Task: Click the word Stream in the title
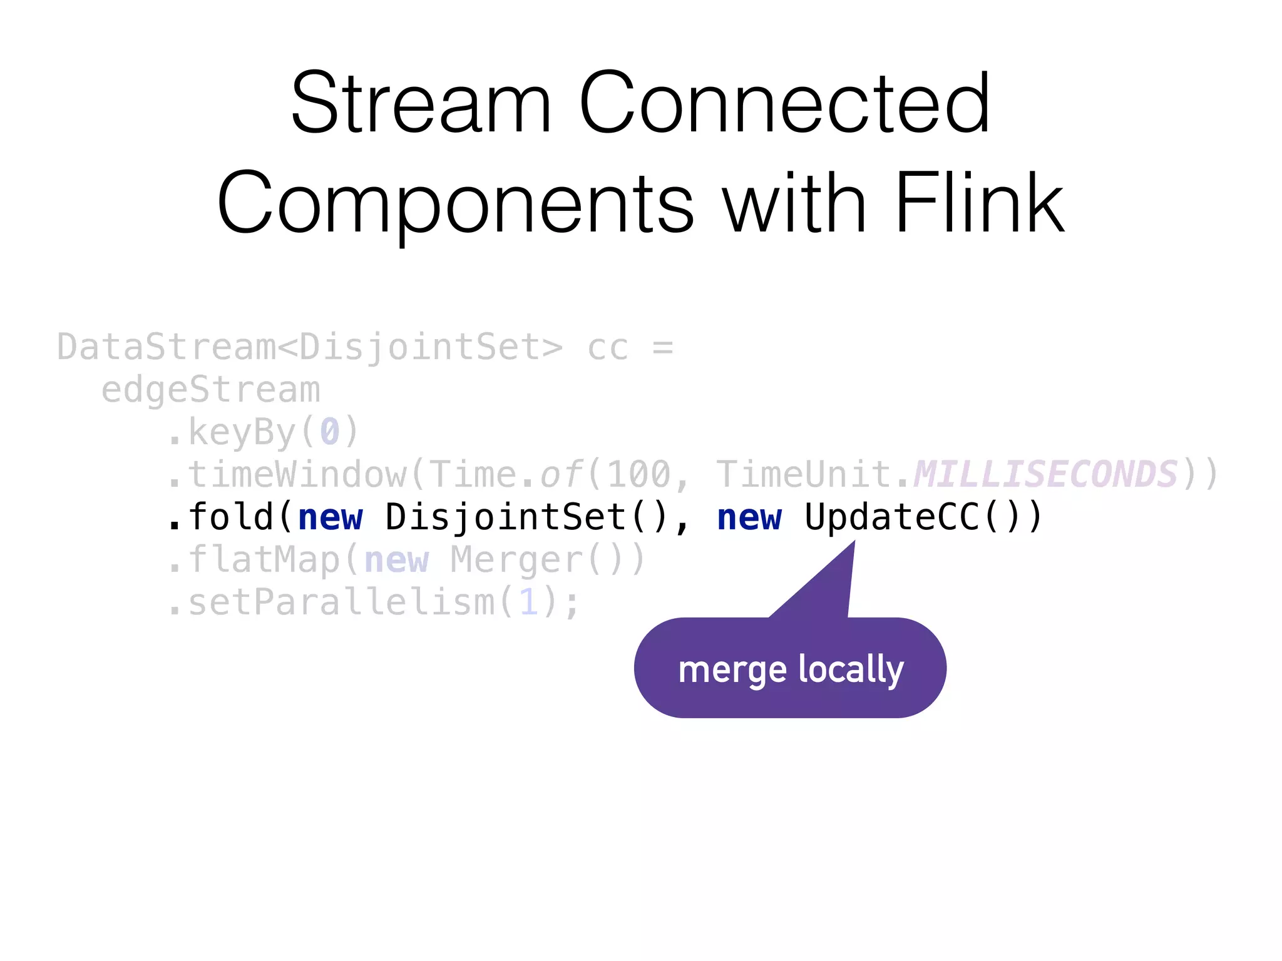pyautogui.click(x=421, y=103)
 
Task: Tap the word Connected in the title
pyautogui.click(x=784, y=103)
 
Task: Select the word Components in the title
pyautogui.click(x=456, y=204)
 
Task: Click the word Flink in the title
pyautogui.click(x=979, y=204)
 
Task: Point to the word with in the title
pyautogui.click(x=794, y=204)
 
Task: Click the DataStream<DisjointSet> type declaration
pyautogui.click(x=310, y=348)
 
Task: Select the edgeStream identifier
pyautogui.click(x=211, y=390)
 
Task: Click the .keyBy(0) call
pyautogui.click(x=264, y=432)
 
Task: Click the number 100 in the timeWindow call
pyautogui.click(x=639, y=475)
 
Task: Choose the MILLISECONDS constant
pyautogui.click(x=1045, y=475)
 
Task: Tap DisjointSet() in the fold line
pyautogui.click(x=526, y=517)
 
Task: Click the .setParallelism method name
pyautogui.click(x=332, y=603)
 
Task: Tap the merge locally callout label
pyautogui.click(x=791, y=669)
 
